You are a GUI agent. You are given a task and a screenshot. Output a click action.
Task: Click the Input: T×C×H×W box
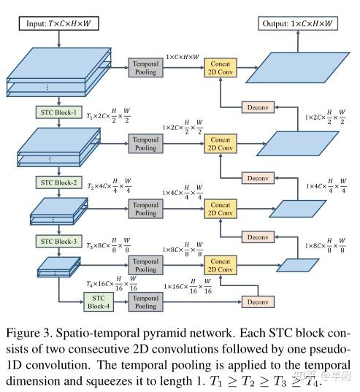(x=58, y=23)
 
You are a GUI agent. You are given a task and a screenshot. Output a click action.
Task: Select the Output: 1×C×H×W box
(x=298, y=23)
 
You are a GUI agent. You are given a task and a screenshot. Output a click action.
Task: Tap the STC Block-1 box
(x=58, y=112)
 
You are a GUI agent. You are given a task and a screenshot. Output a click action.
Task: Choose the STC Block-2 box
(x=58, y=182)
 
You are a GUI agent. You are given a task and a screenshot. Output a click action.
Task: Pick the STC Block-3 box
(x=58, y=241)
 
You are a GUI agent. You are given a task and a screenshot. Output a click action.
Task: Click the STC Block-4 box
(x=99, y=302)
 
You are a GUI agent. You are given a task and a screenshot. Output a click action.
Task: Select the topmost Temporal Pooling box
(x=146, y=67)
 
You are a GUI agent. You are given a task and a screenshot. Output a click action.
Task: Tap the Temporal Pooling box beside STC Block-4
(x=146, y=302)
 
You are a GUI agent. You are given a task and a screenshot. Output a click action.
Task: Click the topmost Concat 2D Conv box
(x=221, y=67)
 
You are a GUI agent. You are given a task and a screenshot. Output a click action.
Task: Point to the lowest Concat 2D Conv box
(x=221, y=265)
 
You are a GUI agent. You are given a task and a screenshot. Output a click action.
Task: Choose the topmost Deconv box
(x=258, y=107)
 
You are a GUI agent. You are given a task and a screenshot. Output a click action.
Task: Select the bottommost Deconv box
(x=258, y=302)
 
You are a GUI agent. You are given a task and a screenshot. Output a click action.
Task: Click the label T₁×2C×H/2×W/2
(x=108, y=116)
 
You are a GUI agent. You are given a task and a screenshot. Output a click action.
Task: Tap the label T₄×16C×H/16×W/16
(x=112, y=284)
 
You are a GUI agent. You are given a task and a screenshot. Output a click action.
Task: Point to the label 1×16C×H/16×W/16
(x=188, y=286)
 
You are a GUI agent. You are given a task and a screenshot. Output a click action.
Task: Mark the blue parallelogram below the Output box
(x=298, y=67)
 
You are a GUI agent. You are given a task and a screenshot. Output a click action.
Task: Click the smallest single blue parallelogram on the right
(x=298, y=265)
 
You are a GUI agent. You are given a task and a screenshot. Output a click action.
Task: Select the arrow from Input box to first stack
(x=58, y=39)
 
